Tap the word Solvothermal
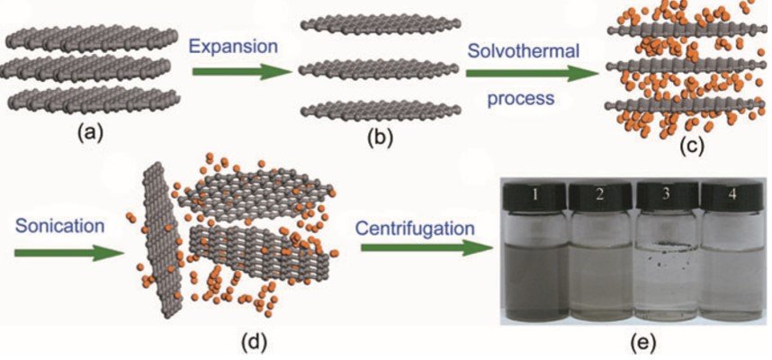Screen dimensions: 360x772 523,49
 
